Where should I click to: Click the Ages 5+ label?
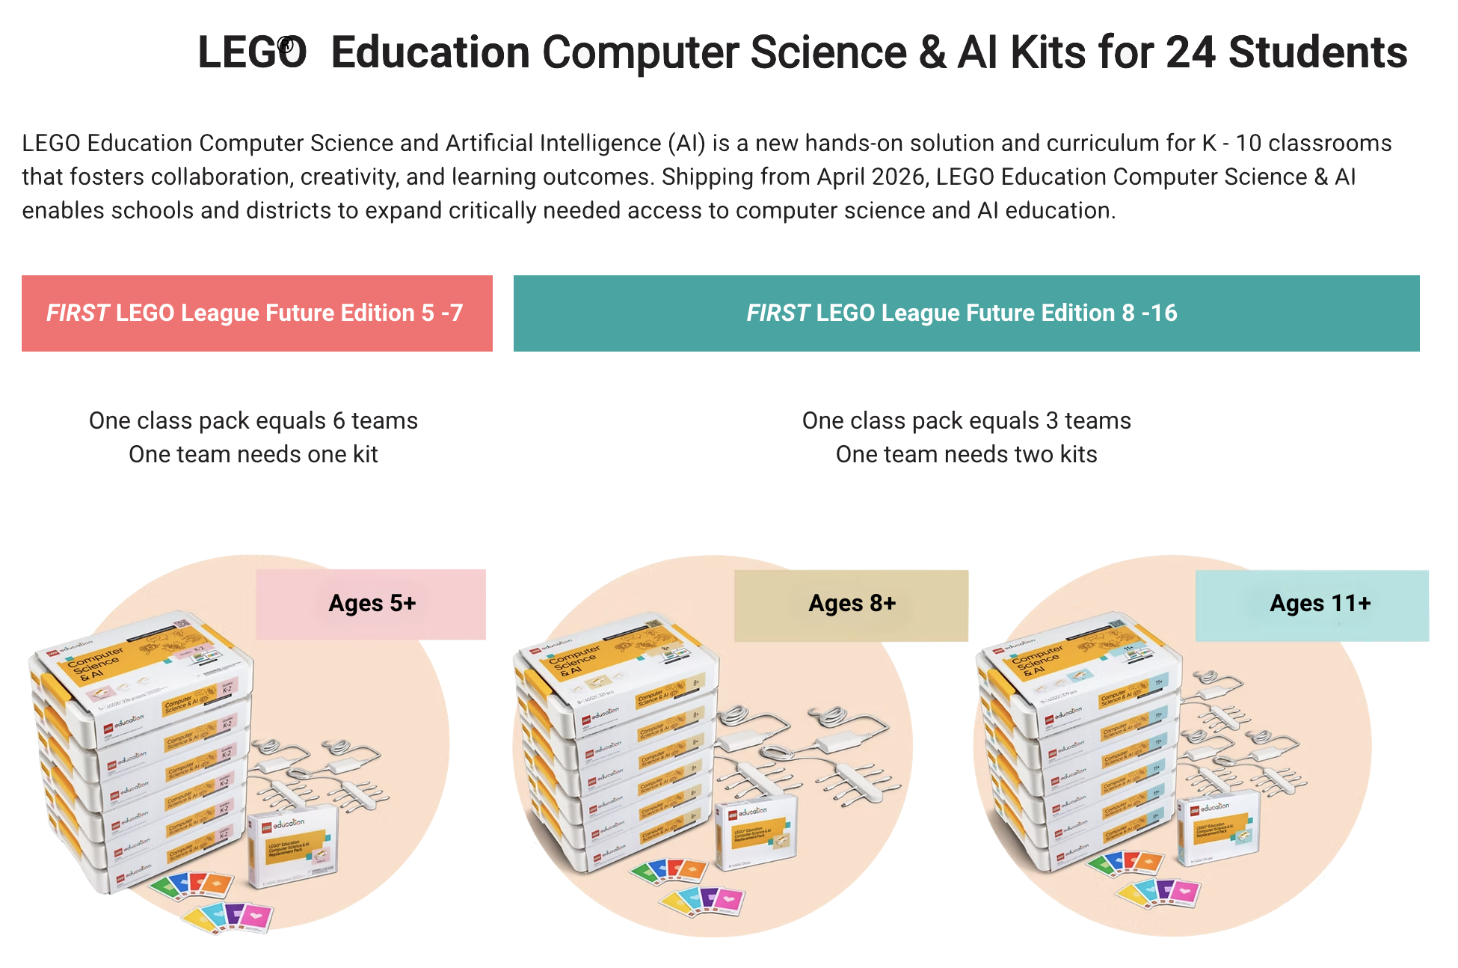pos(372,604)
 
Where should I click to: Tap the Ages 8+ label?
pos(852,604)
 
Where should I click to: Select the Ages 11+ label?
pos(1320,604)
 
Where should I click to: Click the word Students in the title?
pos(1317,53)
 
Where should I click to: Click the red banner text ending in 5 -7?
pos(254,313)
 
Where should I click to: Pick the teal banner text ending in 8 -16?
pos(962,313)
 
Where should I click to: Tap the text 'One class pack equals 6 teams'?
pos(253,420)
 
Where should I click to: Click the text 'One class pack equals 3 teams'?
pos(966,420)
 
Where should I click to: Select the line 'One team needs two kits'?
pos(966,454)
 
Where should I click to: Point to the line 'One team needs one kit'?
pos(253,454)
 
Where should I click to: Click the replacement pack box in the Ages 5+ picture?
pos(292,849)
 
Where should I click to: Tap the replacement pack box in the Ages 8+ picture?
pos(756,837)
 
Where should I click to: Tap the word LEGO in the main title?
pos(252,53)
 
